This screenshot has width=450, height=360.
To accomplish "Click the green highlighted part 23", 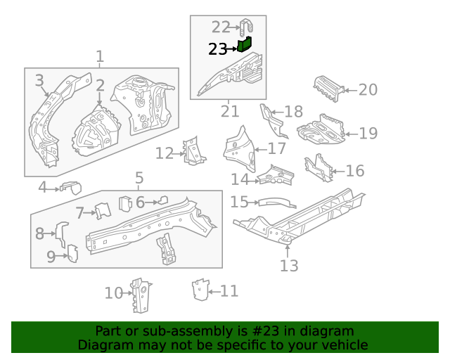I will [x=244, y=45].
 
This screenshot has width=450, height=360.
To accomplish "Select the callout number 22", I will [x=221, y=27].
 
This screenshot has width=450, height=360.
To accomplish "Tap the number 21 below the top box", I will [x=230, y=111].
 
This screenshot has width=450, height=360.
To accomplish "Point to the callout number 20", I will [x=368, y=89].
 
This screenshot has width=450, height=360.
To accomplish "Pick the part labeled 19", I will [x=321, y=131].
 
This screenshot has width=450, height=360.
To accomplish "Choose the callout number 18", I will [x=293, y=111].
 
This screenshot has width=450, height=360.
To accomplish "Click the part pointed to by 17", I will [x=237, y=146].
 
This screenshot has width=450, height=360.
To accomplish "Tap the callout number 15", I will [x=239, y=202].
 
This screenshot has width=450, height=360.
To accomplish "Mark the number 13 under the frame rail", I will [x=289, y=265].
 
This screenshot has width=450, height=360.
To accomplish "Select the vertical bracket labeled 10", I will [x=141, y=297].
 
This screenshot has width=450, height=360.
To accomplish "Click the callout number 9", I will [x=51, y=257].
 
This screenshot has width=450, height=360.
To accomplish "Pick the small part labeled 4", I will [x=72, y=186].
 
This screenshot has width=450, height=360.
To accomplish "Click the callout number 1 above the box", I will [x=100, y=56].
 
